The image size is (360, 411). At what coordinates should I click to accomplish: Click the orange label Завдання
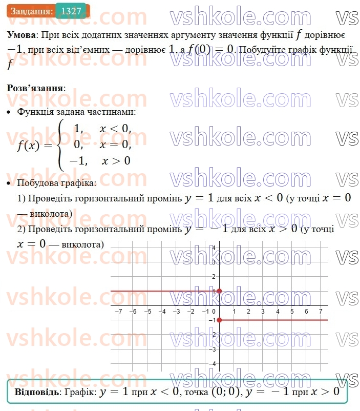click(31, 11)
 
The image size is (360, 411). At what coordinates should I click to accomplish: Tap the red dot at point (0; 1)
click(219, 291)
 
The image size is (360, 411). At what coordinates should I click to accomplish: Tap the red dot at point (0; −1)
click(219, 320)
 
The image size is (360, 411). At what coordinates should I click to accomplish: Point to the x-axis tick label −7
click(118, 312)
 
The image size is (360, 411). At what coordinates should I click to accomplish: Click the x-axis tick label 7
click(321, 312)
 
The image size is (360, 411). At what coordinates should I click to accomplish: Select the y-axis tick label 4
click(215, 248)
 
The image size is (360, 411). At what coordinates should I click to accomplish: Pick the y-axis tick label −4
click(214, 363)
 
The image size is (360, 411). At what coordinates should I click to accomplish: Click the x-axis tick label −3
click(176, 312)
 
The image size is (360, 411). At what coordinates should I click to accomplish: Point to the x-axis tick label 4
click(277, 312)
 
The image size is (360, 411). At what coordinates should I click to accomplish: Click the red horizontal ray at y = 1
click(164, 291)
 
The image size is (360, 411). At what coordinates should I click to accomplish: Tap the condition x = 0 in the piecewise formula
click(115, 145)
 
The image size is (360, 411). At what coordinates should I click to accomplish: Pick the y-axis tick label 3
click(215, 262)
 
